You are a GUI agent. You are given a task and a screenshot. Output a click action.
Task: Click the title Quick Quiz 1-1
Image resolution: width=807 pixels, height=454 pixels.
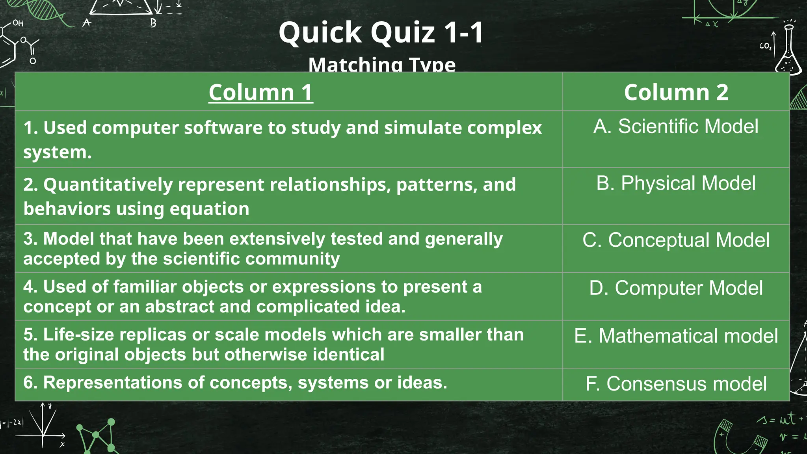(x=381, y=32)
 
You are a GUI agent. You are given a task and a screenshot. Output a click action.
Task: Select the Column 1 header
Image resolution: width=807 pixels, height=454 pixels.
(x=261, y=93)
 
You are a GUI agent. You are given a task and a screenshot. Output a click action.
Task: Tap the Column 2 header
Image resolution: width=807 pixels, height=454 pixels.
(x=676, y=93)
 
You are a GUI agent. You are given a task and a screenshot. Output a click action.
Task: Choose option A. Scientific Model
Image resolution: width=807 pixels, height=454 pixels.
(x=676, y=127)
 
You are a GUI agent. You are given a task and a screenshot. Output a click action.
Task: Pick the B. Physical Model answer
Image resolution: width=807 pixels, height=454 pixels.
(x=676, y=183)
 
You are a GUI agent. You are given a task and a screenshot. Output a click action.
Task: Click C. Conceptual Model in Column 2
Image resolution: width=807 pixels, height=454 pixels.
(x=676, y=240)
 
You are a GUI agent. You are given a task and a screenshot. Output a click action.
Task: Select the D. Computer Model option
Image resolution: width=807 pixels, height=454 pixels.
(x=676, y=288)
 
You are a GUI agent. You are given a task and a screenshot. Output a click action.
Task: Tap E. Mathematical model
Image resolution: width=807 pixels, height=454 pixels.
(x=676, y=336)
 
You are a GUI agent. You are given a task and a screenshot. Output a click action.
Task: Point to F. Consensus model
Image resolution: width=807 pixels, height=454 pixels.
(x=676, y=384)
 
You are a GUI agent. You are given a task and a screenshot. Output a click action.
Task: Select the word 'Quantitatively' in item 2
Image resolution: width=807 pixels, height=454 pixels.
(x=108, y=185)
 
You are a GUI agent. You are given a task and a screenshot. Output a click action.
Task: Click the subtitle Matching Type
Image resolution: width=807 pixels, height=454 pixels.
(x=382, y=65)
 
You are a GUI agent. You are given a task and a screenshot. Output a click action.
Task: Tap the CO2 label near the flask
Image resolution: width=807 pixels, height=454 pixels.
(x=765, y=46)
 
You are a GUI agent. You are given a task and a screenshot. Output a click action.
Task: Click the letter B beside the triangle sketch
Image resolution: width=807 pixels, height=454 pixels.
(x=153, y=23)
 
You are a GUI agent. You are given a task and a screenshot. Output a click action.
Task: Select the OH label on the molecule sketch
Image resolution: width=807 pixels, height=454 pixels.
(x=18, y=23)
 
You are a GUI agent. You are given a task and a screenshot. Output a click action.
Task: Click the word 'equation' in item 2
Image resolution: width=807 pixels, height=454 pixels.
(x=209, y=209)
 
